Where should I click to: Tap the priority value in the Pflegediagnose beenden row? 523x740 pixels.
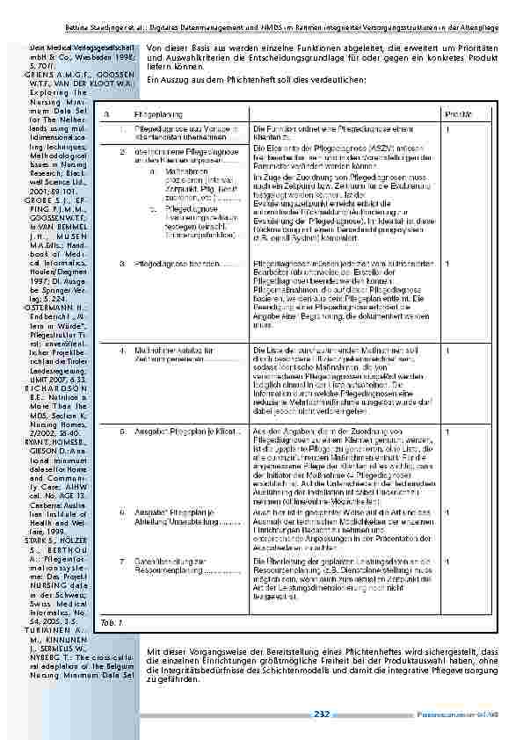pos(448,263)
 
